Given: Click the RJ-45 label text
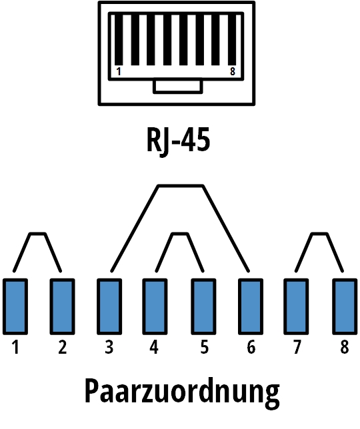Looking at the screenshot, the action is coord(179,141).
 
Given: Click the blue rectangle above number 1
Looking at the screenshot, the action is coord(15,306).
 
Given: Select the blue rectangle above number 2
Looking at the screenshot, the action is coord(63,306).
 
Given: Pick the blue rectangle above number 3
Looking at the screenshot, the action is coord(109,306).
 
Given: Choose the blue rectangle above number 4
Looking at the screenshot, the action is coord(155,306).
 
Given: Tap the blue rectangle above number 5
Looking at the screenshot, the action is coord(203,306).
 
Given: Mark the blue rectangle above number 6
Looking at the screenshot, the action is coord(251,306).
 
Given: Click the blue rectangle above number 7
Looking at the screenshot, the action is coord(296,306).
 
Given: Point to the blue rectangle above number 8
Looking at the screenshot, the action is coord(345,306).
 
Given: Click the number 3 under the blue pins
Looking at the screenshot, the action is coord(109,347).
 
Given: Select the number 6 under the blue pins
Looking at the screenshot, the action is coord(251,347).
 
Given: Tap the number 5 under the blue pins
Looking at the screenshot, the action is coord(205,347).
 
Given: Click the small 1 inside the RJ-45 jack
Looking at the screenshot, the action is coord(119,72).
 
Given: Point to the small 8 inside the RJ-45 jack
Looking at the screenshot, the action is coord(233,72).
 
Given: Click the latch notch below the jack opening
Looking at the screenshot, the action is coord(178,86).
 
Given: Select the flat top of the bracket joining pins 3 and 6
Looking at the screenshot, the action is coord(181,187).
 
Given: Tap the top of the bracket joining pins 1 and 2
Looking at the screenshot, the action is coord(37,234).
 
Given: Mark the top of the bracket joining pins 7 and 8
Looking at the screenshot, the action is coord(319,234).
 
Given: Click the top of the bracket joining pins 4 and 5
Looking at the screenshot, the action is coord(180,234).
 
